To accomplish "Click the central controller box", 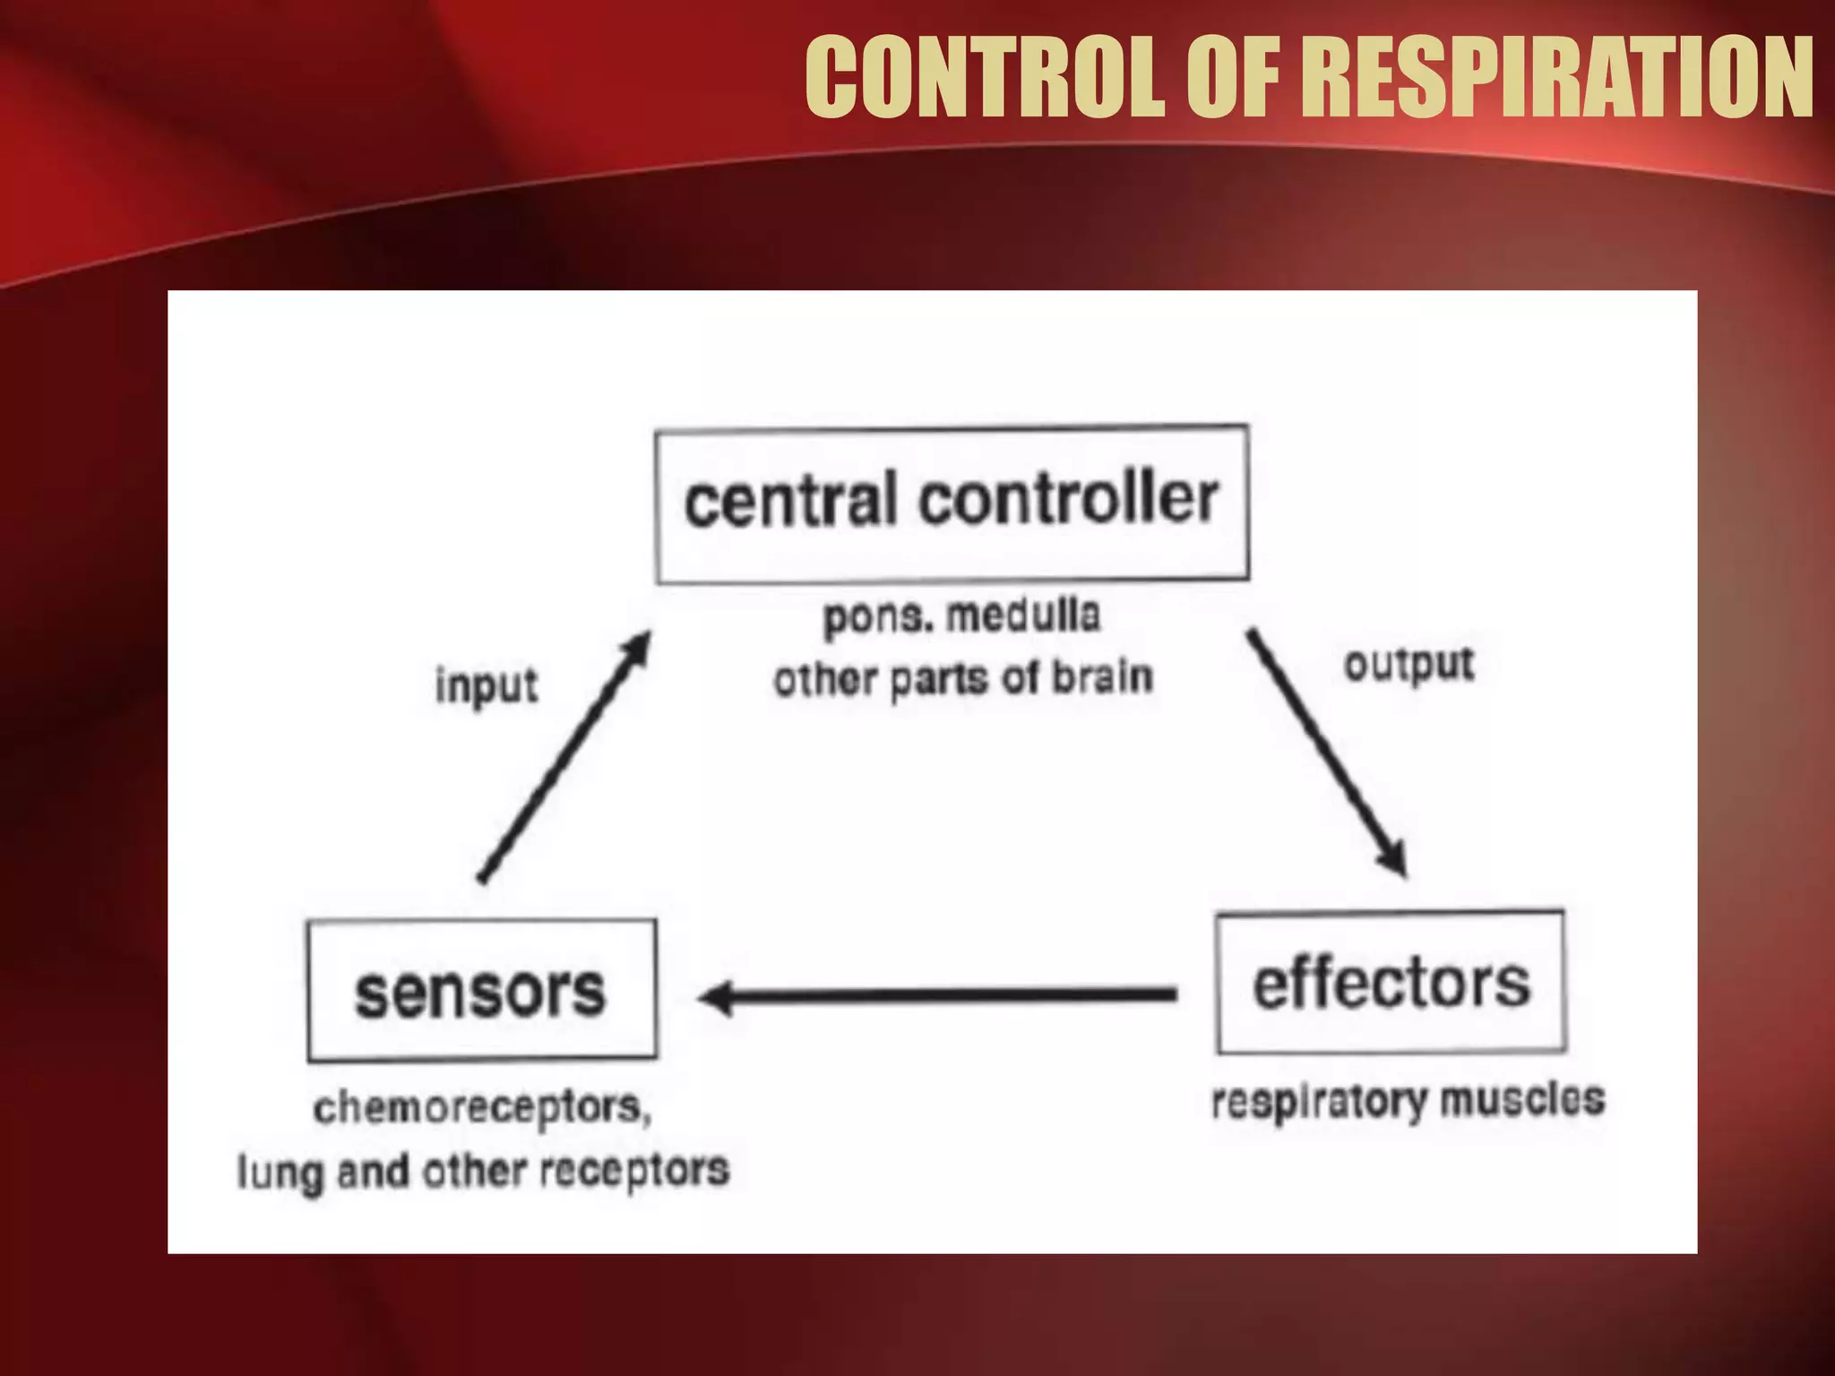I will click(x=952, y=504).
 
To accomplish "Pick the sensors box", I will click(x=481, y=990).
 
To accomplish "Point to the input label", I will click(x=487, y=686).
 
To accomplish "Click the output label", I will click(x=1409, y=665).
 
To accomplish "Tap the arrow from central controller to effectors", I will click(x=1326, y=752).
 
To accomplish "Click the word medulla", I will click(x=1023, y=615).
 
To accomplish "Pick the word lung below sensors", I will click(x=280, y=1172).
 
